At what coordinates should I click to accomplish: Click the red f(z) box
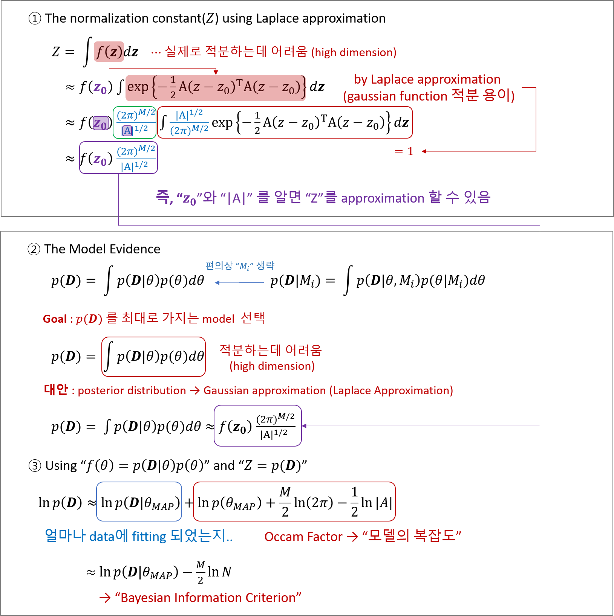pos(109,52)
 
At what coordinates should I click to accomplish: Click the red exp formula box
pos(215,88)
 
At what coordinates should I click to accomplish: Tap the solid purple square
pos(101,123)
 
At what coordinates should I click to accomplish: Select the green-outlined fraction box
pos(135,122)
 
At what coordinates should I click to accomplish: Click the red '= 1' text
pos(404,151)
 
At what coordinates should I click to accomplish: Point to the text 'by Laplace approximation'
pos(427,79)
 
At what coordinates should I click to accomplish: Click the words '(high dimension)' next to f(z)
pos(354,52)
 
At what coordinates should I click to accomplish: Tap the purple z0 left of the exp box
pos(100,88)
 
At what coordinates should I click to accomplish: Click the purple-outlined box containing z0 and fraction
pos(118,158)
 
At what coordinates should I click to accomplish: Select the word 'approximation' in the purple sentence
pos(383,198)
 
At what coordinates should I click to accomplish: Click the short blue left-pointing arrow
pos(239,282)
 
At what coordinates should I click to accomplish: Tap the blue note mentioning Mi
pos(240,266)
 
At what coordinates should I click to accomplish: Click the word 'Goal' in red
pos(55,319)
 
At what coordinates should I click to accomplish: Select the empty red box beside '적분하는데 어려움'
pos(153,357)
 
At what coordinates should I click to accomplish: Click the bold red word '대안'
pos(56,390)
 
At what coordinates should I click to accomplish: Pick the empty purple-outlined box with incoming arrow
pos(258,425)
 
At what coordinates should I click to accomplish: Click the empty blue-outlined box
pos(139,501)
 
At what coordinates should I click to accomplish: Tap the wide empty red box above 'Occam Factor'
pos(294,501)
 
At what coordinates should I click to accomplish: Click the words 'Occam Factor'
pos(303,537)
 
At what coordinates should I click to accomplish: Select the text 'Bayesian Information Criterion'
pos(208,598)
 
